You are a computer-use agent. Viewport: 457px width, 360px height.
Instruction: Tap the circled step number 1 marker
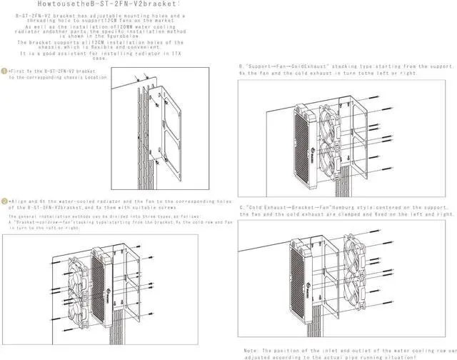4,71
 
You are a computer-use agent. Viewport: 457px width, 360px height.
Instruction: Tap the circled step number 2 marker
4,202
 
